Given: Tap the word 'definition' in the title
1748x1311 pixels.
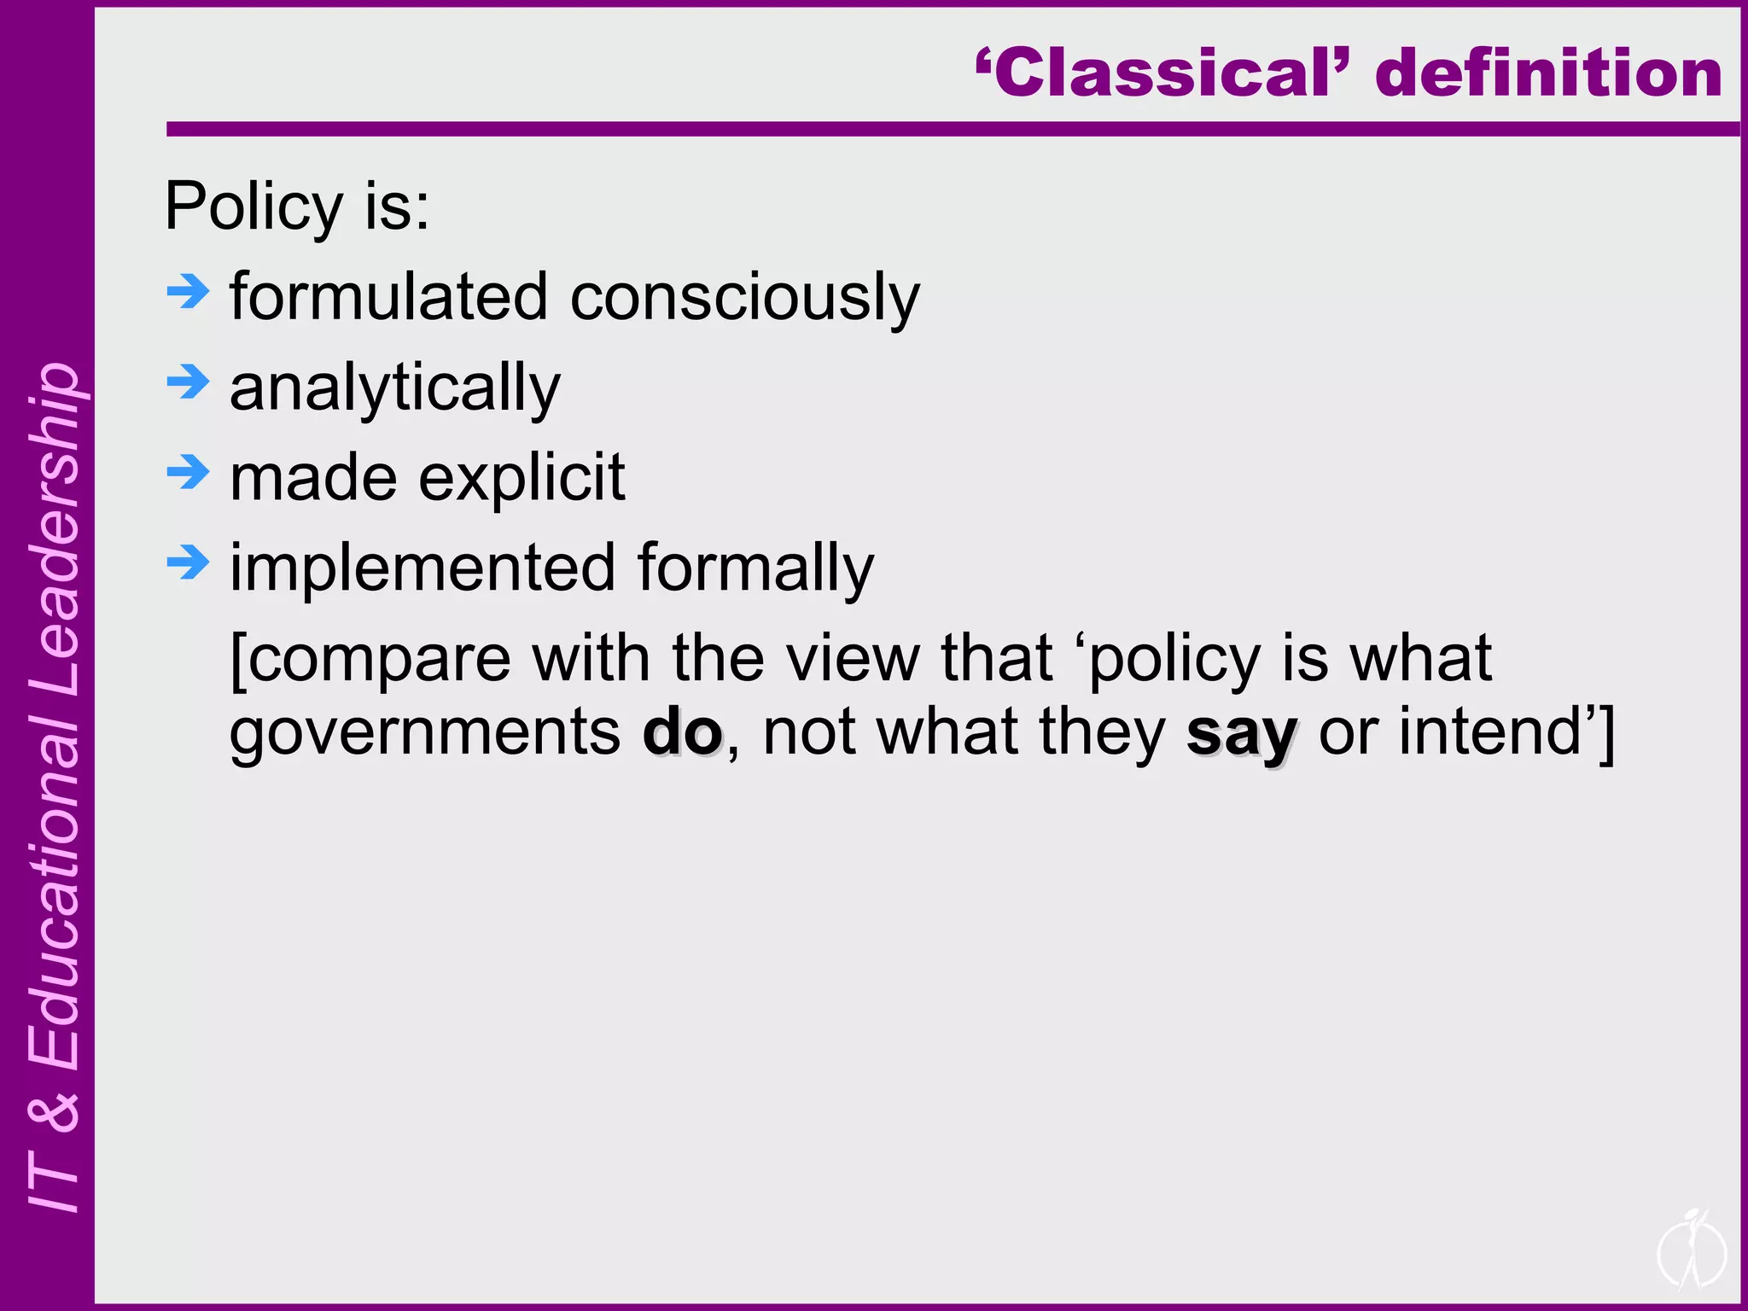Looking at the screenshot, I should [1548, 73].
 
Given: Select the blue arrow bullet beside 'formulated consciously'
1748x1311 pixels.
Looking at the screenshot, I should [188, 292].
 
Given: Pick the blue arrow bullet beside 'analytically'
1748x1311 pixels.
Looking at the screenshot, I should [188, 382].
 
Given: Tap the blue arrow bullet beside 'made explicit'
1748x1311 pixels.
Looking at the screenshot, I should [188, 472].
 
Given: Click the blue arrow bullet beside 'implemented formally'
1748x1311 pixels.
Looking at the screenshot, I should [188, 562].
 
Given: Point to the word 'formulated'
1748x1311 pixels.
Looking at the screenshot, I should [388, 297].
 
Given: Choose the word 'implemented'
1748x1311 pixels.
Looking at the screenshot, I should [423, 568].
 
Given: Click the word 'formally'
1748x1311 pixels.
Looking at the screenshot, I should [755, 568].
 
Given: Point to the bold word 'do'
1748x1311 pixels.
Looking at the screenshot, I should [682, 732].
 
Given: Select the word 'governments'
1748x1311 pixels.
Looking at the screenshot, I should [425, 732].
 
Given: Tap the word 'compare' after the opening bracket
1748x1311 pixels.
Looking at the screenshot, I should [381, 660].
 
